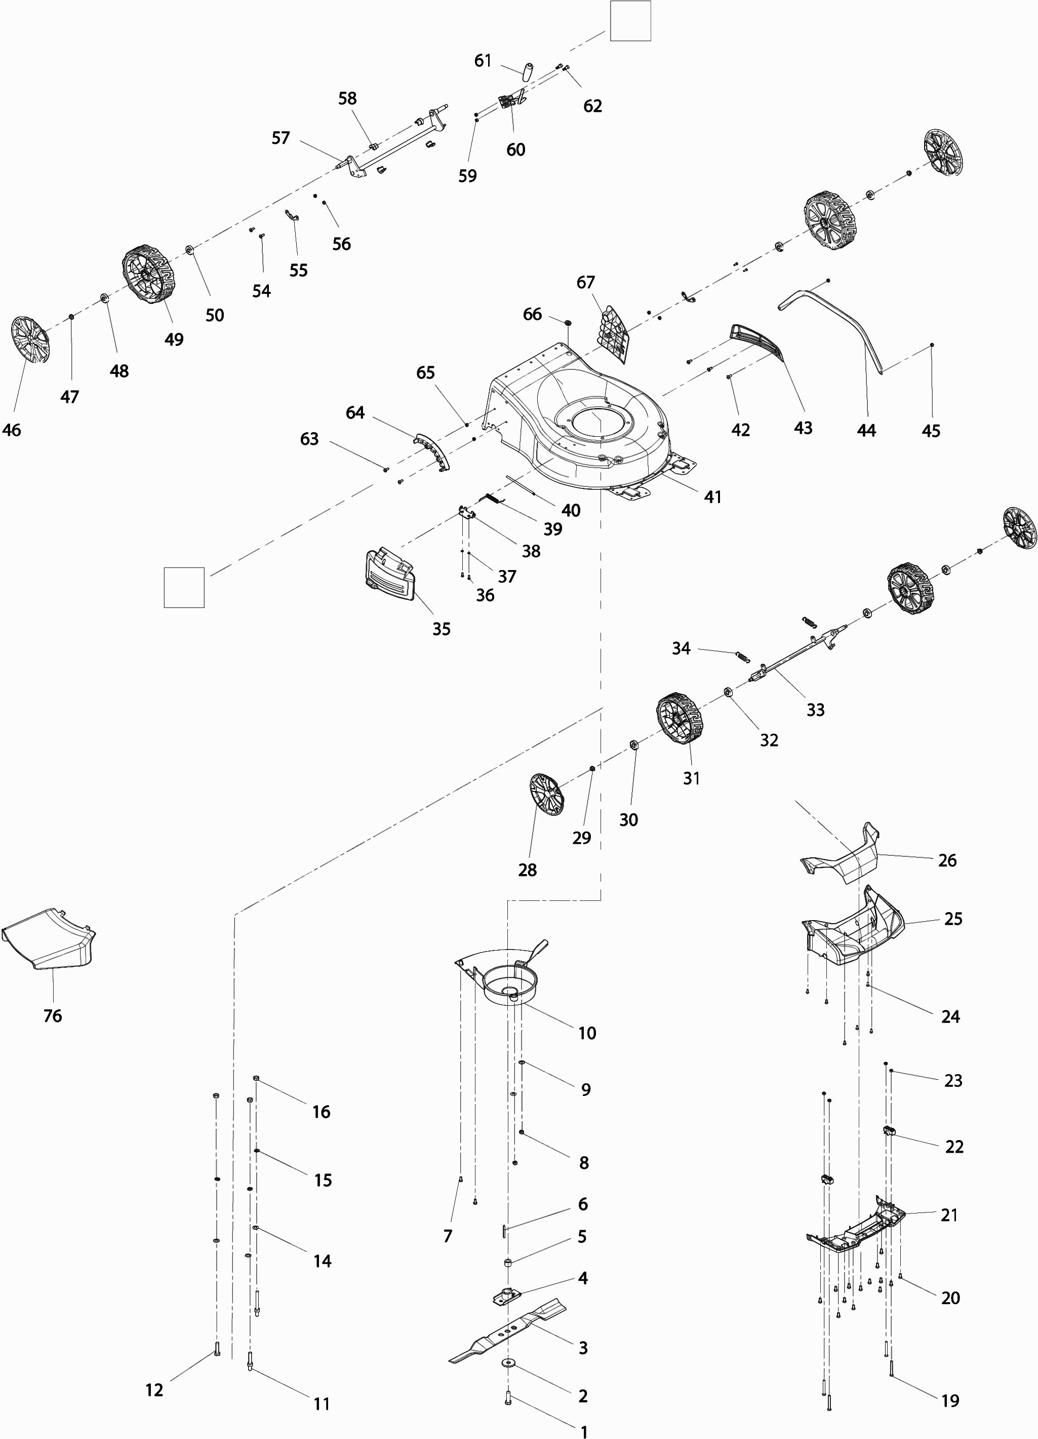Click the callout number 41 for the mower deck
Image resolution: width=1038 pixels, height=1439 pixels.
(x=713, y=497)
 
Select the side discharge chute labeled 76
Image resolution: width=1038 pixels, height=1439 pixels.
(x=49, y=940)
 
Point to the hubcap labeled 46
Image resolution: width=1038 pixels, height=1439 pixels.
(x=30, y=340)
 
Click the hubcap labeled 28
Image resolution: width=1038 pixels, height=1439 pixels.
(x=546, y=794)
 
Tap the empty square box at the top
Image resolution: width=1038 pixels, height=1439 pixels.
(x=630, y=21)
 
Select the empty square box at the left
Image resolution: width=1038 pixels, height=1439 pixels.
(x=184, y=588)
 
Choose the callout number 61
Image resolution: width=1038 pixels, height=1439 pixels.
(x=483, y=60)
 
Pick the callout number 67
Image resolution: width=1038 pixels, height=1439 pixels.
(x=586, y=282)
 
